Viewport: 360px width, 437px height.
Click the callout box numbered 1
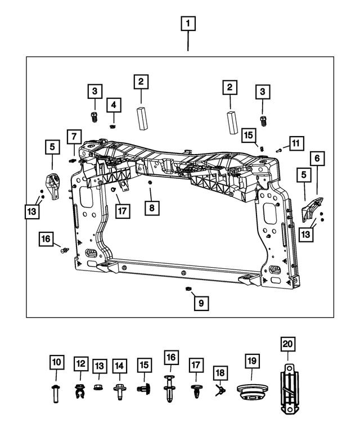point(188,24)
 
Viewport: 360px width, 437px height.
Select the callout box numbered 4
point(114,105)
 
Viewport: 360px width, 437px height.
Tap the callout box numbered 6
point(316,160)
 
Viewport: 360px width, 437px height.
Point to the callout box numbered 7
point(73,137)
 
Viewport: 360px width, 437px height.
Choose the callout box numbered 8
point(151,208)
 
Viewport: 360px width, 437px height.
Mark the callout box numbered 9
point(201,303)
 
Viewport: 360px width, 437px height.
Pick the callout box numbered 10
point(57,364)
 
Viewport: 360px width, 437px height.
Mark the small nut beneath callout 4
point(113,125)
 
